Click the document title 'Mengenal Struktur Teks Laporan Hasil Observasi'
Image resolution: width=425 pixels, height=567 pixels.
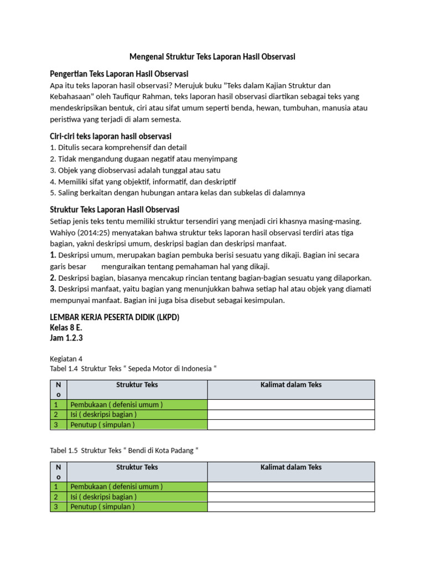pos(212,56)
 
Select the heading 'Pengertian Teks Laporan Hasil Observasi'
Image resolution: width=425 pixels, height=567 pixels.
pos(119,74)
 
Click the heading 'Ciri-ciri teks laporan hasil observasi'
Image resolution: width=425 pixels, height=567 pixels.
pos(111,136)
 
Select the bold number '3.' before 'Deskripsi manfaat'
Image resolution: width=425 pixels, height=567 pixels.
pos(53,289)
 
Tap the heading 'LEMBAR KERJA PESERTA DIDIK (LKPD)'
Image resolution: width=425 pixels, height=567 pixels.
pos(115,317)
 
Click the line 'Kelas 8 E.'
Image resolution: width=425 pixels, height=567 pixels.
pos(66,328)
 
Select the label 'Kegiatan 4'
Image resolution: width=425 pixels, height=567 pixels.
pos(66,359)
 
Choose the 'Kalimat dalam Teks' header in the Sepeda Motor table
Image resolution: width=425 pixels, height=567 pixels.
pos(291,385)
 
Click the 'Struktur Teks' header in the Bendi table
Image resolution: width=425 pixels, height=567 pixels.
pos(137,467)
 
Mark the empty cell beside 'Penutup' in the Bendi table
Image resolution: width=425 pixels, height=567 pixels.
pos(291,507)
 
